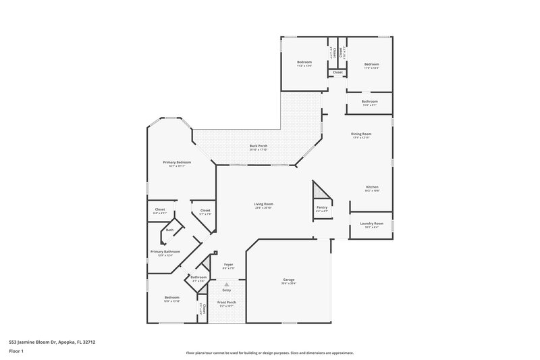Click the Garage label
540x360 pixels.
pos(288,280)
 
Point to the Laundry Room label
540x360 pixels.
pos(371,224)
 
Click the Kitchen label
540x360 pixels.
pos(372,187)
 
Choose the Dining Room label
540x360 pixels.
pos(361,134)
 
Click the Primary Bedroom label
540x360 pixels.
pos(177,162)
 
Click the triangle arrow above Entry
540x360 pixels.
pos(227,284)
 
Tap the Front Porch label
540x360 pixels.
pos(227,303)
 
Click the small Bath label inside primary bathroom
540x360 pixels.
pos(169,230)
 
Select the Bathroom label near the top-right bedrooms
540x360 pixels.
pos(369,102)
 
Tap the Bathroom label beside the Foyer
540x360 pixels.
pos(198,277)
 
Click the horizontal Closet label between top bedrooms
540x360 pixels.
pos(337,72)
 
